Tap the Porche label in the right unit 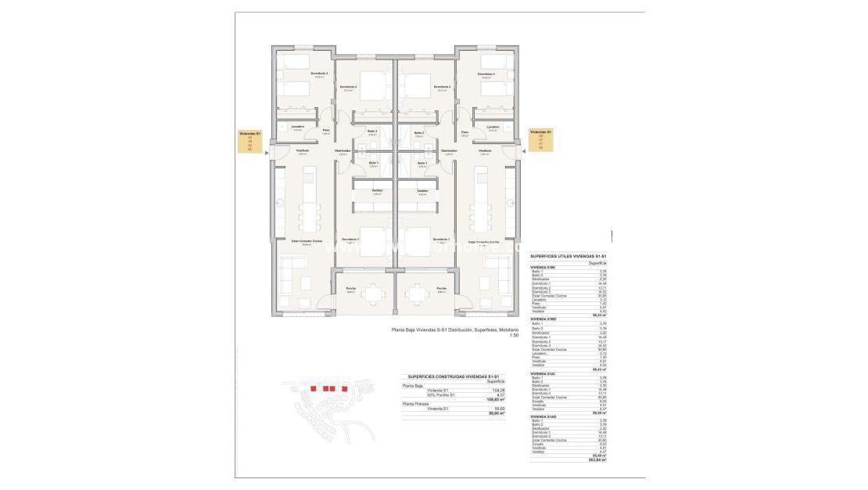[441, 288]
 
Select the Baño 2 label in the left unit [372, 132]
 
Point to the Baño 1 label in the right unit [421, 163]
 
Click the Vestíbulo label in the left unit [302, 150]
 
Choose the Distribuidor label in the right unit [449, 150]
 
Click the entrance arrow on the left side [267, 153]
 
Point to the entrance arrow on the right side [522, 153]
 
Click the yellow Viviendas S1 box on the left [250, 141]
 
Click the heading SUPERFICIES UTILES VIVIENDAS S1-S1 [569, 256]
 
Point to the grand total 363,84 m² [597, 459]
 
